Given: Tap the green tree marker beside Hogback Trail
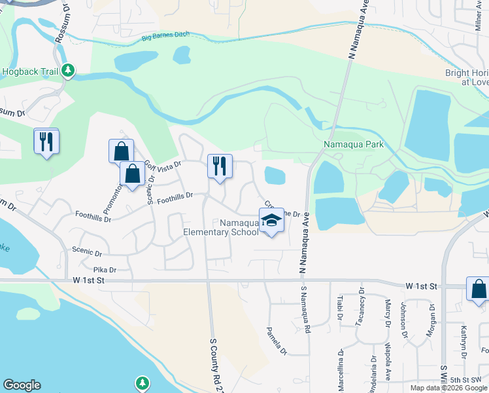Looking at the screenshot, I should coord(68,71).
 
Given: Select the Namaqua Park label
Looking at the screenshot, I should coord(353,144).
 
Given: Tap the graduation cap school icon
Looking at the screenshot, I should coord(271,220).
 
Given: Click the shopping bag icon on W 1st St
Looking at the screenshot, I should coord(478,289).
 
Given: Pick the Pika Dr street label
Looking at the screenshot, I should coord(105,269).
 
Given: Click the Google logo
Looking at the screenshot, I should coord(22,385).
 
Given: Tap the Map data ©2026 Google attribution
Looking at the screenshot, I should coord(448,388).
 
